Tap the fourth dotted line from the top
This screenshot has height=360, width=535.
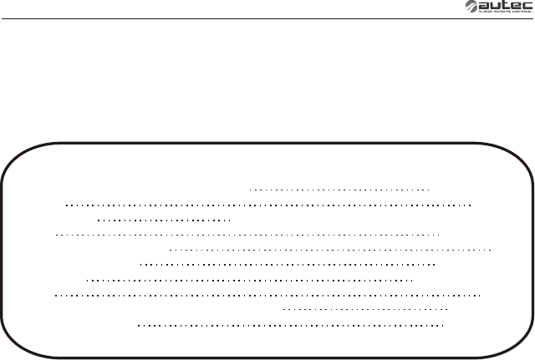pos(247,236)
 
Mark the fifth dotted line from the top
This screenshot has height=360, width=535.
pos(330,249)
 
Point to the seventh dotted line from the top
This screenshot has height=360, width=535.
pos(250,281)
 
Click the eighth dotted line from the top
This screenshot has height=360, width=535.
pos(268,295)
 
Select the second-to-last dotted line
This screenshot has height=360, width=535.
pos(365,308)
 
